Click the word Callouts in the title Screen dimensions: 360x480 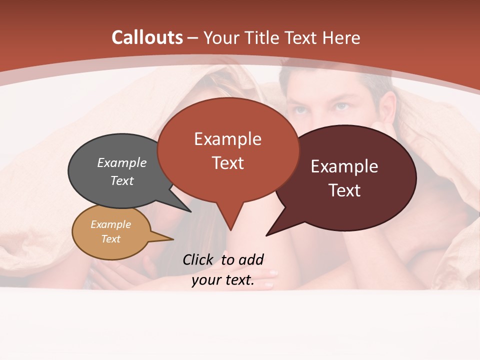147,37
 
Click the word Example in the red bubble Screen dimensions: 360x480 227,138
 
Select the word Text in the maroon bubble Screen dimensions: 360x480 345,190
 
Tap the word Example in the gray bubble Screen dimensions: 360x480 122,162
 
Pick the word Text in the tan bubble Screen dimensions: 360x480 111,239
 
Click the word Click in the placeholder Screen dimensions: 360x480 198,259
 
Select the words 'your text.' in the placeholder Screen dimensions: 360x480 223,280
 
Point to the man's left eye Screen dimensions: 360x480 341,106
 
